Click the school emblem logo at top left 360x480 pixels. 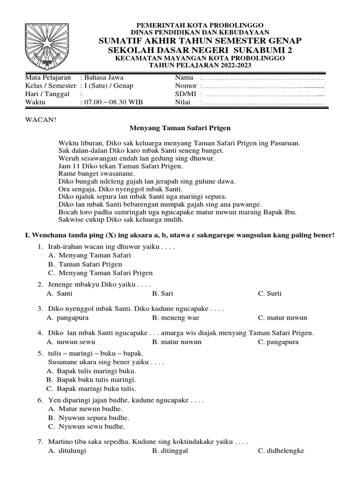tap(46, 46)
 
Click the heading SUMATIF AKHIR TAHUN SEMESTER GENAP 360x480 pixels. tap(200, 41)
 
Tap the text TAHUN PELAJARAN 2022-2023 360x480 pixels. tap(200, 65)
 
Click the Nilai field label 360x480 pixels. tap(183, 102)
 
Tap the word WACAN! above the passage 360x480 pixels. tap(40, 119)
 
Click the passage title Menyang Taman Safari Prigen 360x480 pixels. tap(180, 127)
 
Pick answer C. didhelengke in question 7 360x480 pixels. tap(281, 450)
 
